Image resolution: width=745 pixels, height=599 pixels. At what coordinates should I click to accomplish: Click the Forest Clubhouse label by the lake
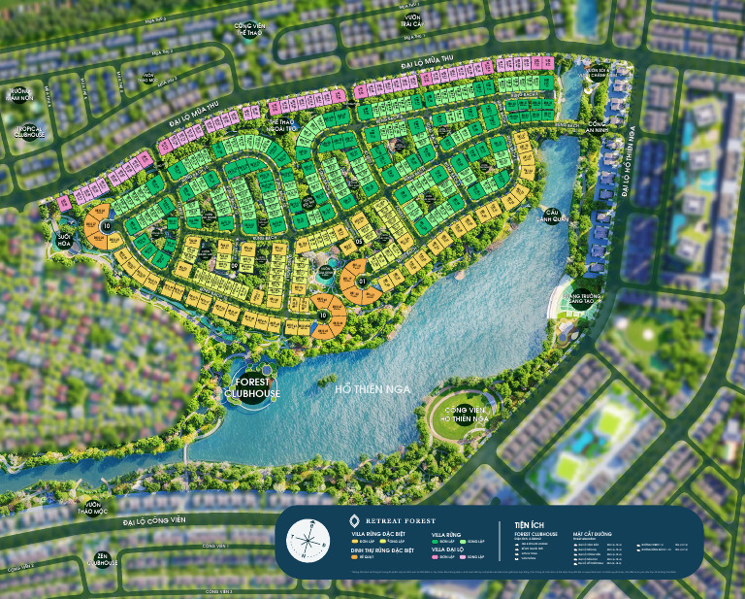(251, 388)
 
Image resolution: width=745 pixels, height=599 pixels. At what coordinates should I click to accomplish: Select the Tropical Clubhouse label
(31, 131)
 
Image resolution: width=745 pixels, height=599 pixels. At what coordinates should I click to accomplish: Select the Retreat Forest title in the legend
(399, 521)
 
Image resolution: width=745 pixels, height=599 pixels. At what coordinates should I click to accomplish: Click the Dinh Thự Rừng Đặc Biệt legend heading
(386, 549)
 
